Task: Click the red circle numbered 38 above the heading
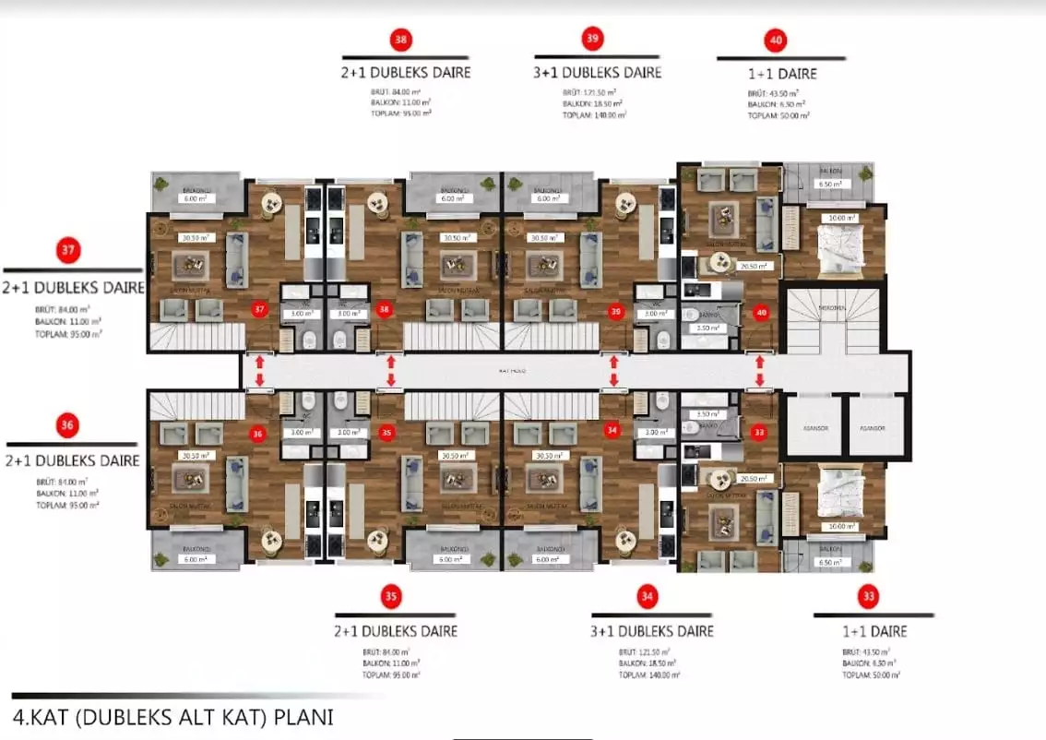tap(400, 40)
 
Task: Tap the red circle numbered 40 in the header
tap(776, 41)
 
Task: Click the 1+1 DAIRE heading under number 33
tap(874, 631)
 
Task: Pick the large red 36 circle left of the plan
tap(67, 425)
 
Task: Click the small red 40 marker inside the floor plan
tap(760, 313)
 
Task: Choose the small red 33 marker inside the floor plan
tap(759, 431)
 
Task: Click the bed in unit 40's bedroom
tap(840, 245)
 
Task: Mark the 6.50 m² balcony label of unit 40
tap(828, 185)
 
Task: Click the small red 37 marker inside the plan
tap(260, 308)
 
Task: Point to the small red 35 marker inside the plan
tap(386, 431)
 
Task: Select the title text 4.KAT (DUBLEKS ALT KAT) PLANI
tap(173, 716)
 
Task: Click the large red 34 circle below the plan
tap(647, 598)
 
